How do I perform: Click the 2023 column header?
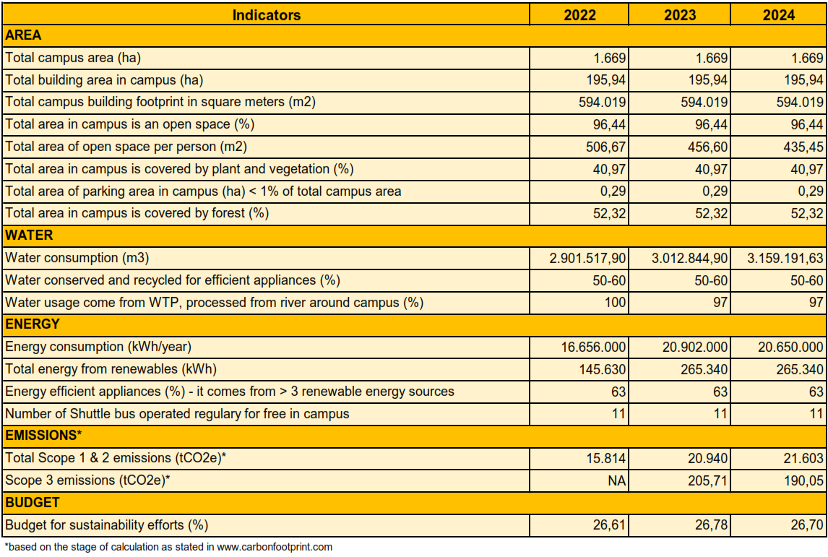click(680, 14)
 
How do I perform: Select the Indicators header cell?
click(267, 14)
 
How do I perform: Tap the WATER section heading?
click(29, 236)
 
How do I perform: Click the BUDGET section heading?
click(33, 502)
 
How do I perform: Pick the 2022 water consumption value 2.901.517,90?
click(590, 258)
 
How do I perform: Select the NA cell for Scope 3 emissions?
click(616, 480)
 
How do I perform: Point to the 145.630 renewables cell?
click(604, 370)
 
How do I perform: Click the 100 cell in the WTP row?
click(616, 303)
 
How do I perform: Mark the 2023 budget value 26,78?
click(712, 525)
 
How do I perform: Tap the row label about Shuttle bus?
click(177, 414)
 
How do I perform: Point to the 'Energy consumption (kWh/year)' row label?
click(98, 347)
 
